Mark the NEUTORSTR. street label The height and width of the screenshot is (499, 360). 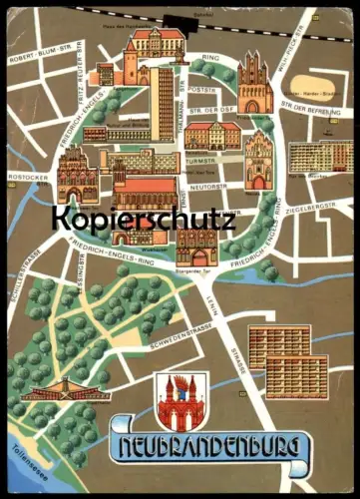[211, 187]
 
